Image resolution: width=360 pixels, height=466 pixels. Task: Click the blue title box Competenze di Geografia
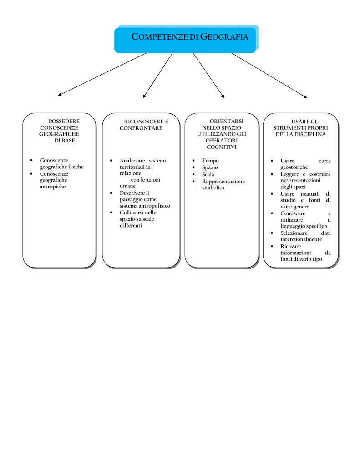185,40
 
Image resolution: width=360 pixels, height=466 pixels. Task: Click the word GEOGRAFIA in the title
224,36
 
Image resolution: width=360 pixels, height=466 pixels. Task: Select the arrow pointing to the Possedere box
102,74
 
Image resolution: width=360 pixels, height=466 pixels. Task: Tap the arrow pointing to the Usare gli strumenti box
269,76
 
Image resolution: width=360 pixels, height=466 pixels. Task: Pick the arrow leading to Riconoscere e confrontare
157,76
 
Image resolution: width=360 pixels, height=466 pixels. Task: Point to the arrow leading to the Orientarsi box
209,76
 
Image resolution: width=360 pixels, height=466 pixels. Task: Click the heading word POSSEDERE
64,121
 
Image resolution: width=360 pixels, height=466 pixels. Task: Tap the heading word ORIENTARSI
227,121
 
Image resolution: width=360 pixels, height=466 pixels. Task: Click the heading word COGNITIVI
222,147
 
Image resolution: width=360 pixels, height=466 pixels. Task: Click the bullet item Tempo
210,161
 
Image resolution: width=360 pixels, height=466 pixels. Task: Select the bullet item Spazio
210,167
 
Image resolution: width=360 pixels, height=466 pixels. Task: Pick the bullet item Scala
208,174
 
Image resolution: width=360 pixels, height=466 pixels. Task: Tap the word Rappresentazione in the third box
223,182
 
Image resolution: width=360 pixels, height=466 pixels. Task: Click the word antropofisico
154,206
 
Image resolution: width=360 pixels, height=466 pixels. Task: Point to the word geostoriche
294,167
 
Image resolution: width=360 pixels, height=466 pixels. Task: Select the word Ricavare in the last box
291,246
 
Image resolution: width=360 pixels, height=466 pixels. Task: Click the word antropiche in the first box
53,187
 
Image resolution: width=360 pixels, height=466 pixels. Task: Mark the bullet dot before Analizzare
111,161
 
